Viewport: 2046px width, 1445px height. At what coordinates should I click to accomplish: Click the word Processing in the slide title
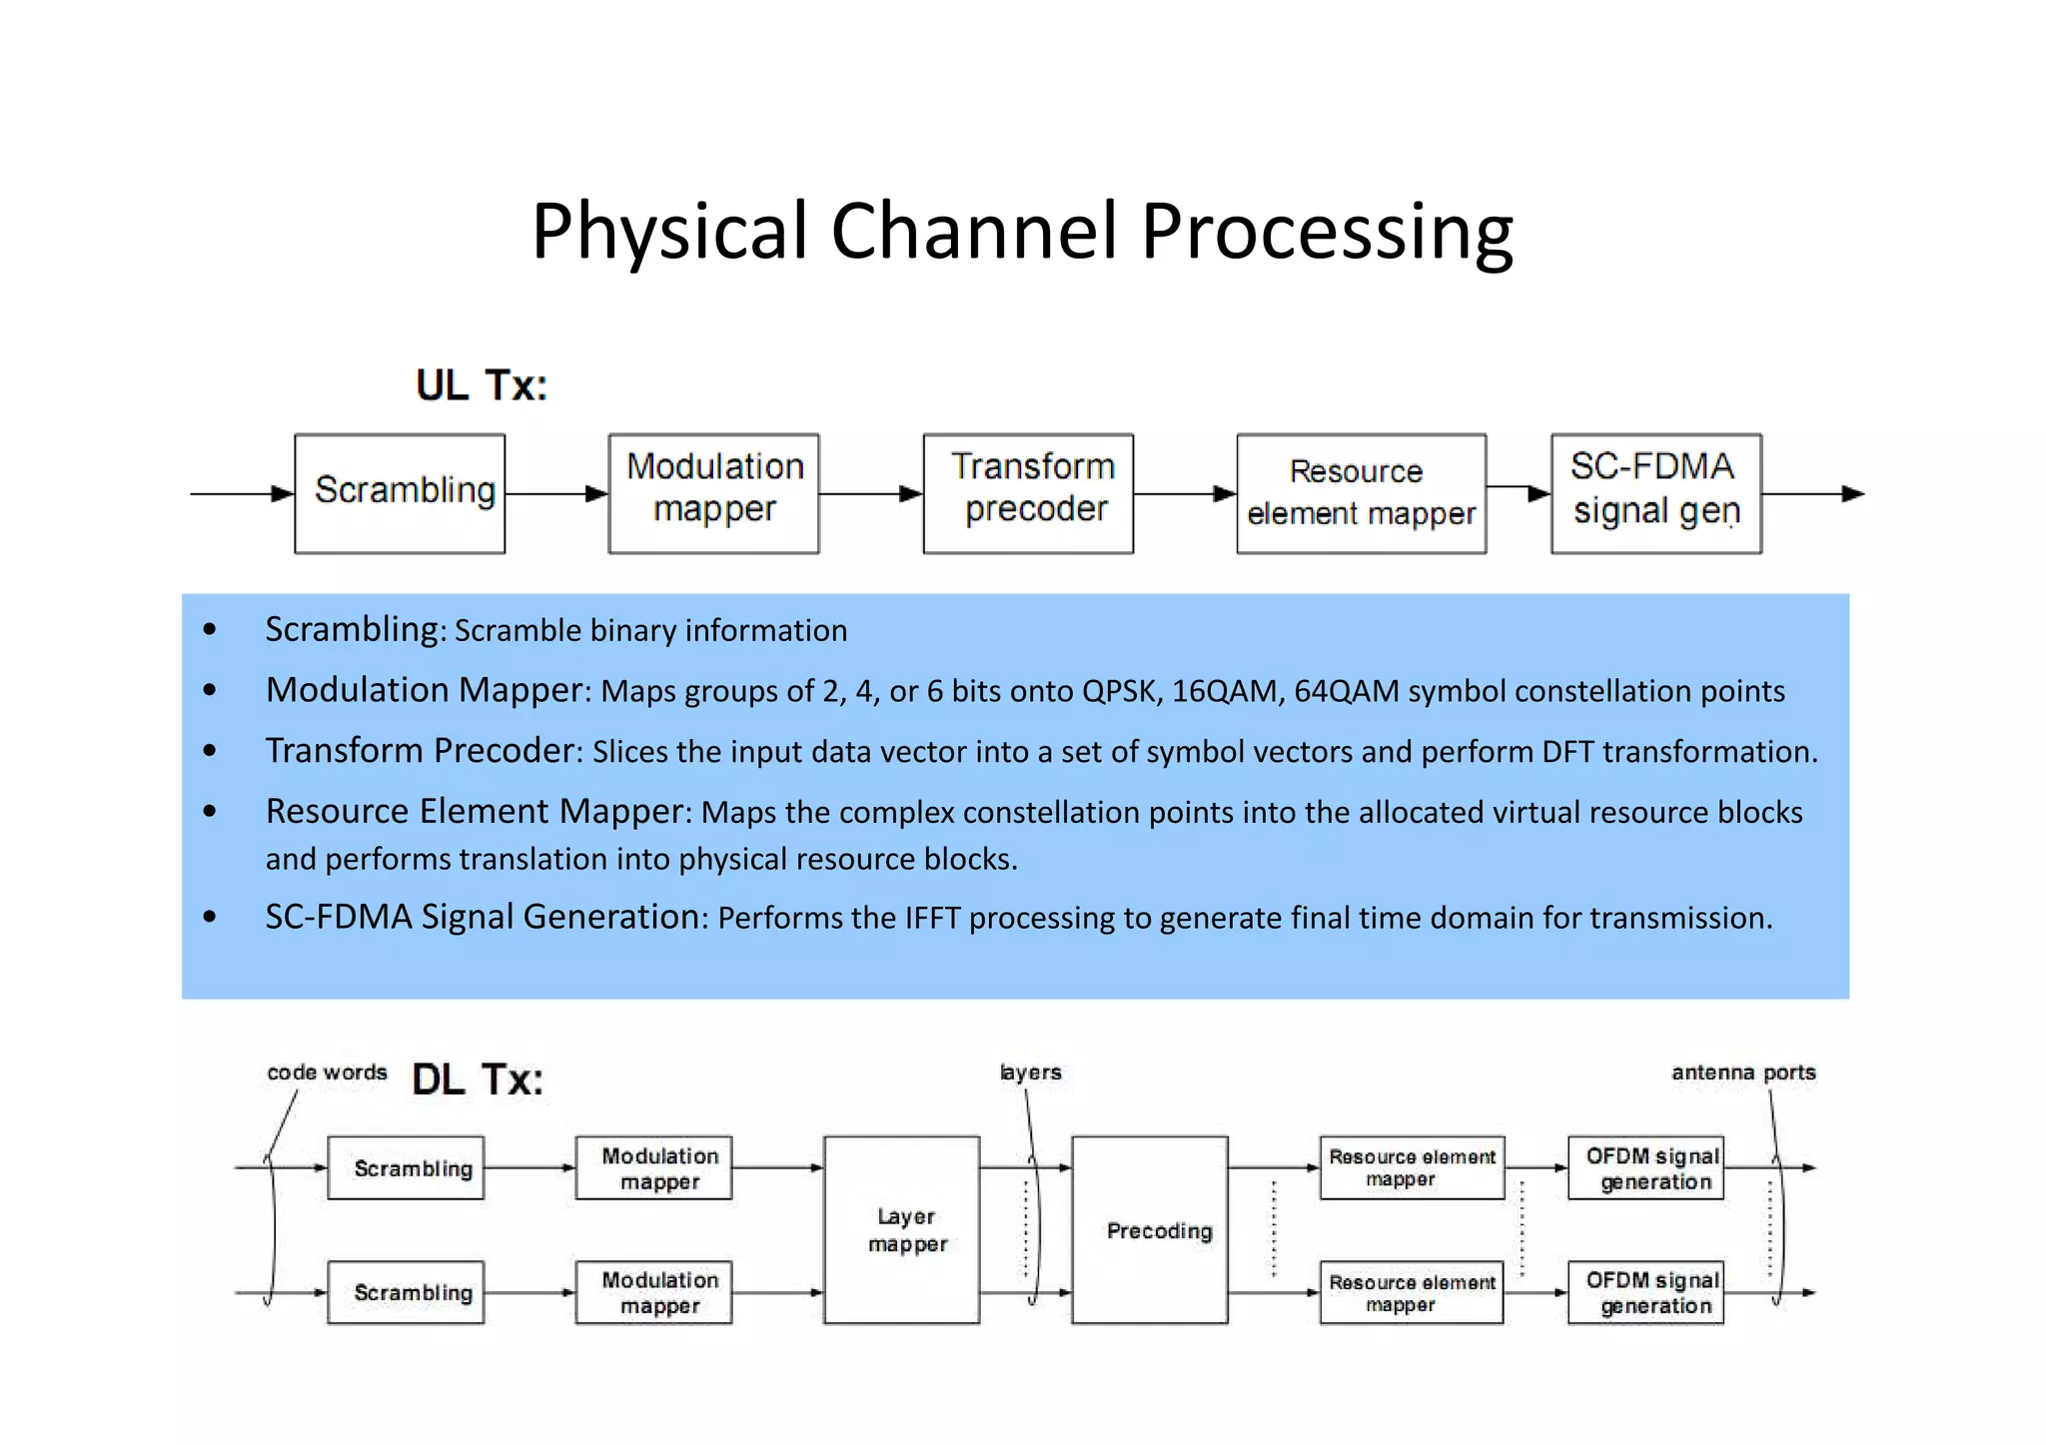[1326, 233]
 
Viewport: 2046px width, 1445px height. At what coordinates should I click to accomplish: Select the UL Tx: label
[482, 385]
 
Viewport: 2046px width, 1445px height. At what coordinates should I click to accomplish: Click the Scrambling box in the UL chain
[400, 493]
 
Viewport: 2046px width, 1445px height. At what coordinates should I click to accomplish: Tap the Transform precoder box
[1028, 493]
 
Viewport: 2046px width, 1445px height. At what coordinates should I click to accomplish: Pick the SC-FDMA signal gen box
[1655, 493]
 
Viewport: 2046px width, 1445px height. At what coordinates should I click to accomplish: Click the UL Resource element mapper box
[1361, 493]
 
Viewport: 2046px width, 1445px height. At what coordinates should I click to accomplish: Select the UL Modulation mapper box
[713, 493]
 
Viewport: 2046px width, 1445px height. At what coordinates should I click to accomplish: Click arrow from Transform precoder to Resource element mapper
[1185, 493]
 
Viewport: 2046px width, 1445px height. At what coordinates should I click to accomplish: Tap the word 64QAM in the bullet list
[1346, 691]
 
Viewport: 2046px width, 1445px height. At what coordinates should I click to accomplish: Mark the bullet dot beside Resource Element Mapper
[209, 811]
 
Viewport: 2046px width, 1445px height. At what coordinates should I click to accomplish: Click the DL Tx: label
[478, 1081]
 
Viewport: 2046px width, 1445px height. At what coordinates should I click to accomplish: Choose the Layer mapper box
[901, 1229]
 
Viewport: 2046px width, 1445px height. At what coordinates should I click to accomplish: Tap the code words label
[327, 1073]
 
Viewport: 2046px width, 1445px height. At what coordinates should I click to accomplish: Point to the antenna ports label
[1742, 1073]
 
